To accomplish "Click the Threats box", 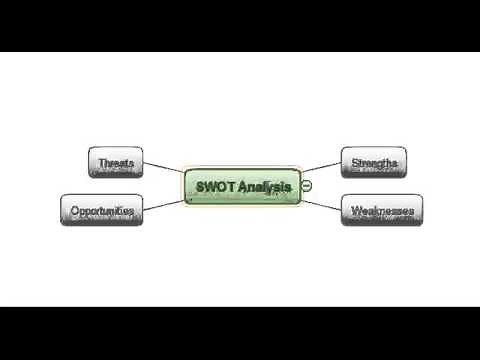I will click(x=116, y=161).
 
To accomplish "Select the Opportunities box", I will click(x=101, y=210).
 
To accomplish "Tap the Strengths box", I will click(x=373, y=161).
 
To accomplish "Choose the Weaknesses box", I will click(x=380, y=210).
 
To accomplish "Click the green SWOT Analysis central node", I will click(x=242, y=186).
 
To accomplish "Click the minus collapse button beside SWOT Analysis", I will click(x=307, y=186).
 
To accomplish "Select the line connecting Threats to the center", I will click(x=164, y=169).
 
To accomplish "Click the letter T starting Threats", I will click(x=100, y=161).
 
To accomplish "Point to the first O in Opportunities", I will click(x=75, y=210).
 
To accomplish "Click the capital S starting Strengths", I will click(x=353, y=161).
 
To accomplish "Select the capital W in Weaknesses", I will click(x=355, y=210).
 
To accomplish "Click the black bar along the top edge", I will click(x=240, y=25).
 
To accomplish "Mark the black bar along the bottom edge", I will click(x=240, y=333).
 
